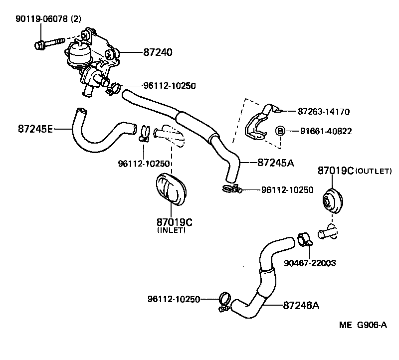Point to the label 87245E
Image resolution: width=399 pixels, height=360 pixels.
click(x=35, y=129)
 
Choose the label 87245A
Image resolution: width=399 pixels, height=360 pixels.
click(x=276, y=162)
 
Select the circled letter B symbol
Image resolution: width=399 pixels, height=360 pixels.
click(x=280, y=131)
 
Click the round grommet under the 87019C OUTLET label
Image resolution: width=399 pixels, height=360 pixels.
click(x=329, y=200)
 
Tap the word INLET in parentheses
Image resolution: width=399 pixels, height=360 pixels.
click(x=171, y=230)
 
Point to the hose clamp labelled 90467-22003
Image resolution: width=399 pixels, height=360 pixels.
click(x=304, y=239)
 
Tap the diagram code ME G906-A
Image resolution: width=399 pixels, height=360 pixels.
click(x=363, y=326)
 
